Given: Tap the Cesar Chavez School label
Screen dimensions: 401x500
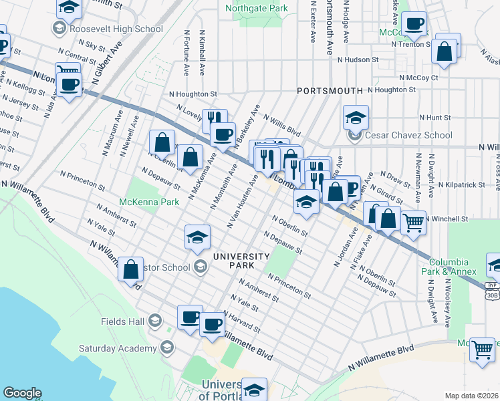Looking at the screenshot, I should click(409, 135).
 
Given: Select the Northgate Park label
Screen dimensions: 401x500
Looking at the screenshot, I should click(256, 9).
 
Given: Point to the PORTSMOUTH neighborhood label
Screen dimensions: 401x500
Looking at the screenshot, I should click(330, 90).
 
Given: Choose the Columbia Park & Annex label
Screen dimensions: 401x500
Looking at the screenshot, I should click(453, 267).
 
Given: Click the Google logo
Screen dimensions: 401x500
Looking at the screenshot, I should click(22, 393).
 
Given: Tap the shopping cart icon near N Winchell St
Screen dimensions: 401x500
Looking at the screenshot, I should click(414, 222).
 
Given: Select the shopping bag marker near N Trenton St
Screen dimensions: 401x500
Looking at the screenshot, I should click(444, 51).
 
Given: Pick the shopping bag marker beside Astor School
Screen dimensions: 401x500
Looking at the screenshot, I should click(130, 269).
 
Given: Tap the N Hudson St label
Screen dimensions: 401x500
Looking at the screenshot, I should click(358, 59).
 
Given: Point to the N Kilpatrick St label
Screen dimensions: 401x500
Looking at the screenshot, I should click(463, 184).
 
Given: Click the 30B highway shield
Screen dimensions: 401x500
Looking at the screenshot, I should click(491, 294).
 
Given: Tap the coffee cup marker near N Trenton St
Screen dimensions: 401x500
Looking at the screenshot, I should click(414, 25).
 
